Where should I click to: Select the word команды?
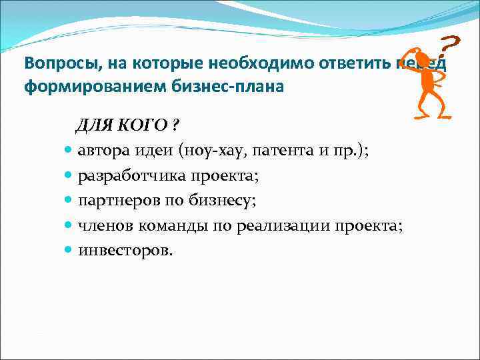[x=175, y=226]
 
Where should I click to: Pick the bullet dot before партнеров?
[x=70, y=201]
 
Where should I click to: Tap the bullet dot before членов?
[x=70, y=226]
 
